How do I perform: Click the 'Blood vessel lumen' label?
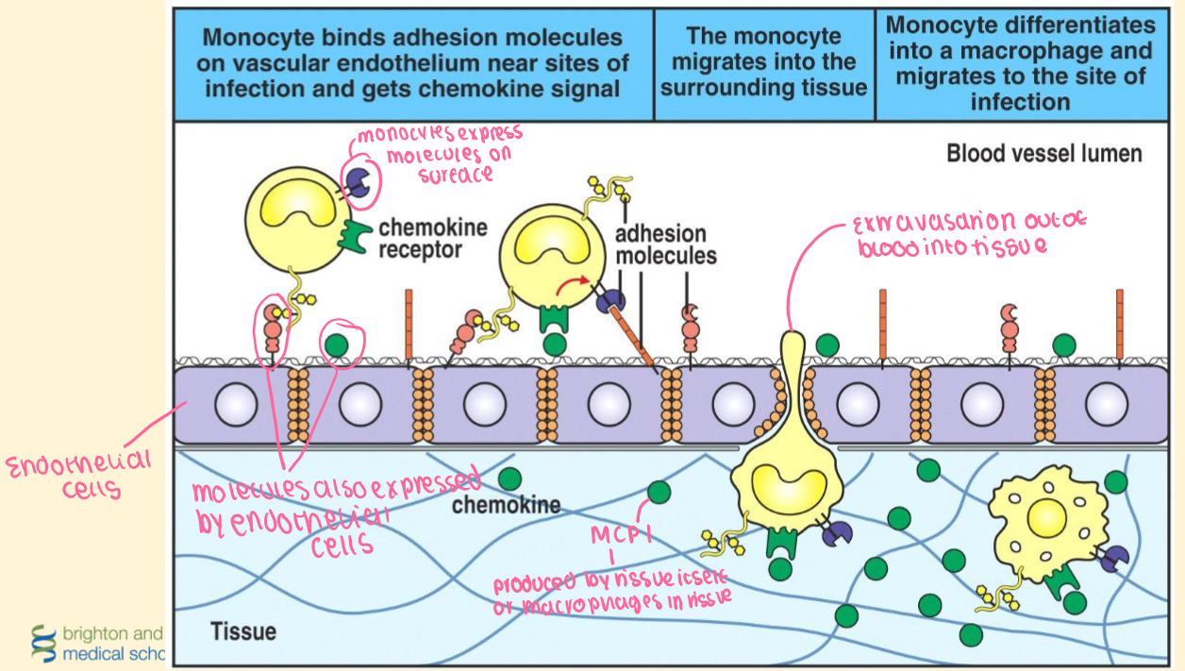[1043, 153]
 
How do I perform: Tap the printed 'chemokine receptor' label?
[433, 239]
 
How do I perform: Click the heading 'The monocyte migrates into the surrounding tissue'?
[764, 62]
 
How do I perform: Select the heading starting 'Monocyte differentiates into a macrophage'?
[1020, 62]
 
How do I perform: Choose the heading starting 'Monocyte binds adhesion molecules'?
[413, 62]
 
